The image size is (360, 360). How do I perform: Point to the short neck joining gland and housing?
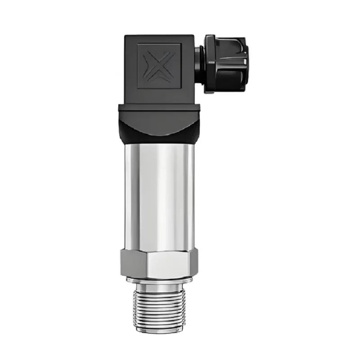199,64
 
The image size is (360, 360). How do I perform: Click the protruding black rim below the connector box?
160,108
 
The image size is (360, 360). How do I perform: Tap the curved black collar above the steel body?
160,130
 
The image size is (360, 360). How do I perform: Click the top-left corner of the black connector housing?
126,36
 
